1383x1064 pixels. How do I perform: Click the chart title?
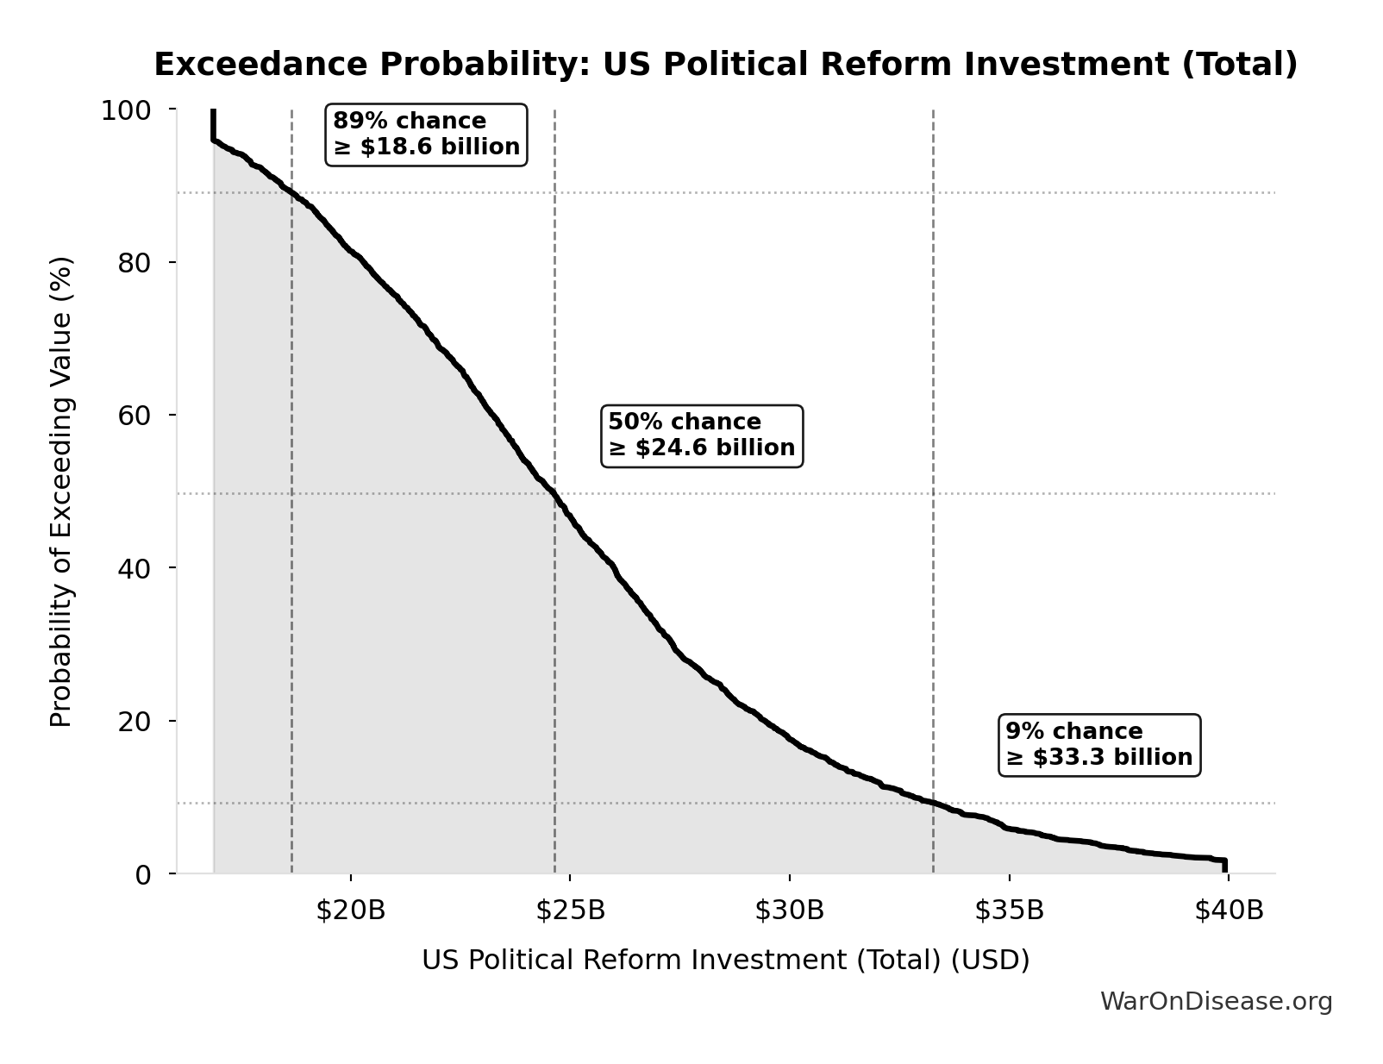point(725,65)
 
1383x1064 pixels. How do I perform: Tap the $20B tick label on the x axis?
point(350,911)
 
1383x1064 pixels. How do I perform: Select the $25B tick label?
point(570,911)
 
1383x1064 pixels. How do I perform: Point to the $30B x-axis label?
point(789,911)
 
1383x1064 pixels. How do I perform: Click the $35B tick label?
point(1009,911)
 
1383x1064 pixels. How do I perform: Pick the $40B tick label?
point(1228,911)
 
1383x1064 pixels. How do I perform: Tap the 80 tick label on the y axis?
point(135,262)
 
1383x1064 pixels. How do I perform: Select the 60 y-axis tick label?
point(135,415)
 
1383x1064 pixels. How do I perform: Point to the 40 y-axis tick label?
point(135,567)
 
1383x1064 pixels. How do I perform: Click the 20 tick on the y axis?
point(135,721)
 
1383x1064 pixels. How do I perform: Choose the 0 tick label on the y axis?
point(143,874)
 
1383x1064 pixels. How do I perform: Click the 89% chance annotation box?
point(426,135)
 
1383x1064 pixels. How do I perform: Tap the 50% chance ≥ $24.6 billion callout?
point(701,435)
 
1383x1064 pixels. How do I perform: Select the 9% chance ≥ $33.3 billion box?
point(1098,745)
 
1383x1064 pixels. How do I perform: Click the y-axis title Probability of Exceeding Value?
point(61,491)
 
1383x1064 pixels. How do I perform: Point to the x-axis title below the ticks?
point(725,961)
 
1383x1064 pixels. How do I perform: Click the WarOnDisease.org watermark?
point(1216,1002)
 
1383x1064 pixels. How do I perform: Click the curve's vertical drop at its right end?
point(1224,866)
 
